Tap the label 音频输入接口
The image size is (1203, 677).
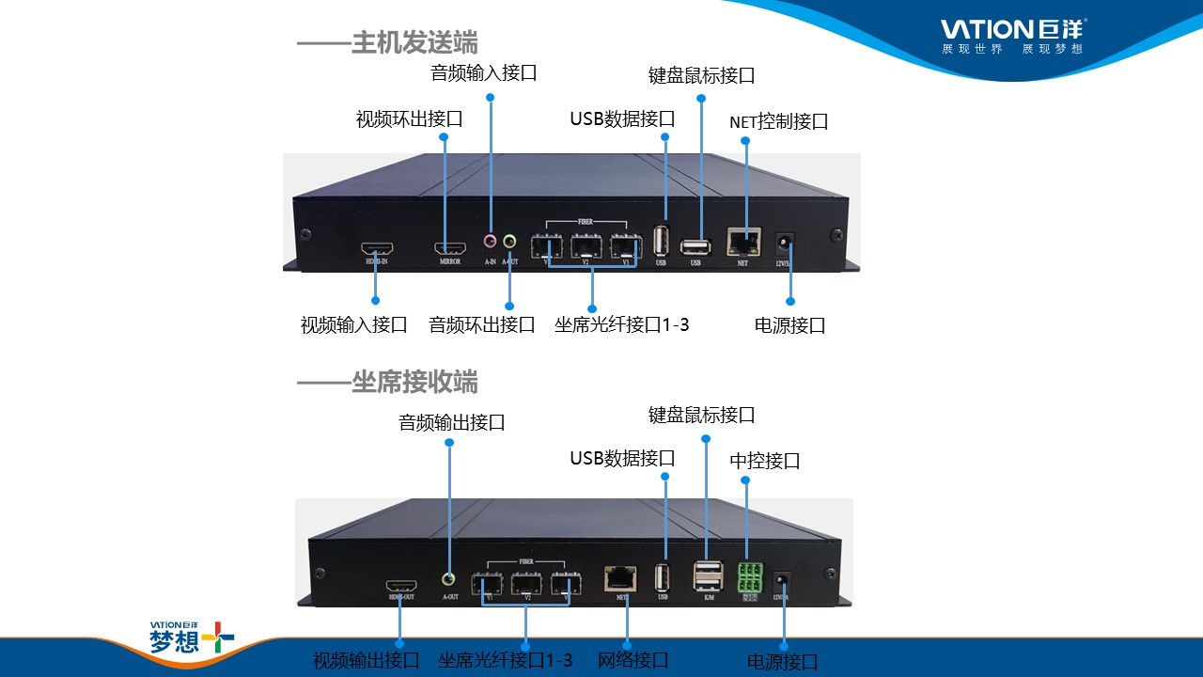pyautogui.click(x=483, y=72)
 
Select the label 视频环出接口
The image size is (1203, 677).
pyautogui.click(x=409, y=119)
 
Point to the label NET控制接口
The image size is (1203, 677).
pyautogui.click(x=778, y=122)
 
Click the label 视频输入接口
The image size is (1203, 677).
pyautogui.click(x=353, y=325)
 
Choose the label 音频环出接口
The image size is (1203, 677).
pyautogui.click(x=481, y=325)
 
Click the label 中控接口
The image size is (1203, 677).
pyautogui.click(x=765, y=462)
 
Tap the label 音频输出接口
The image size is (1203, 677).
pyautogui.click(x=451, y=423)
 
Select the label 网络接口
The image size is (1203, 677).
pyautogui.click(x=633, y=660)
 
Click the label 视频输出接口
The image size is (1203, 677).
pyautogui.click(x=366, y=661)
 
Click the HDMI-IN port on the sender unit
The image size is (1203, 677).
pyautogui.click(x=377, y=249)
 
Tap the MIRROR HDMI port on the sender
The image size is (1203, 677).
pyautogui.click(x=450, y=249)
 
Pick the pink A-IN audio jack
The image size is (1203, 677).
pyautogui.click(x=490, y=241)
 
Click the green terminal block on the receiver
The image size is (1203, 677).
pyautogui.click(x=750, y=575)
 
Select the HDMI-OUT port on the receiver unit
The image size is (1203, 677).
pyautogui.click(x=401, y=585)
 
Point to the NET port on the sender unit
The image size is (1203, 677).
pyautogui.click(x=742, y=243)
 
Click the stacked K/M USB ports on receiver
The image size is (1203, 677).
pyautogui.click(x=708, y=575)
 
